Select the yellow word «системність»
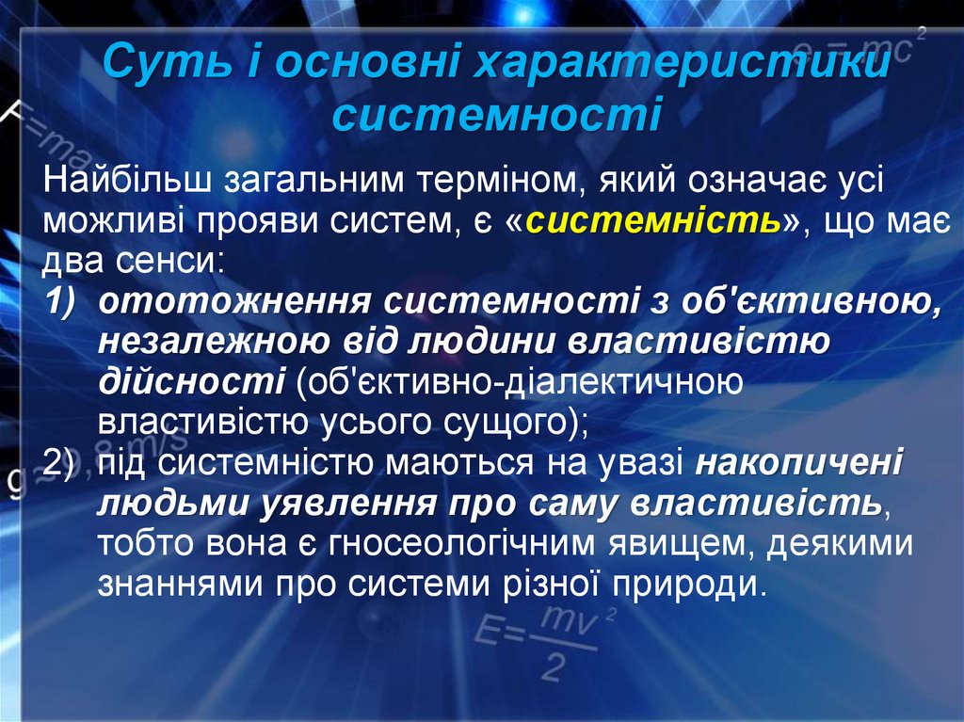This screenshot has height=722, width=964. coord(654,221)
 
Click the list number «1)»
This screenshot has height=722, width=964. coord(65,302)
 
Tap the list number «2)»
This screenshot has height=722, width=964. coord(65,462)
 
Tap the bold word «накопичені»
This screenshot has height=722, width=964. coord(799,462)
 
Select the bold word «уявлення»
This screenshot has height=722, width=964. coord(345,503)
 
